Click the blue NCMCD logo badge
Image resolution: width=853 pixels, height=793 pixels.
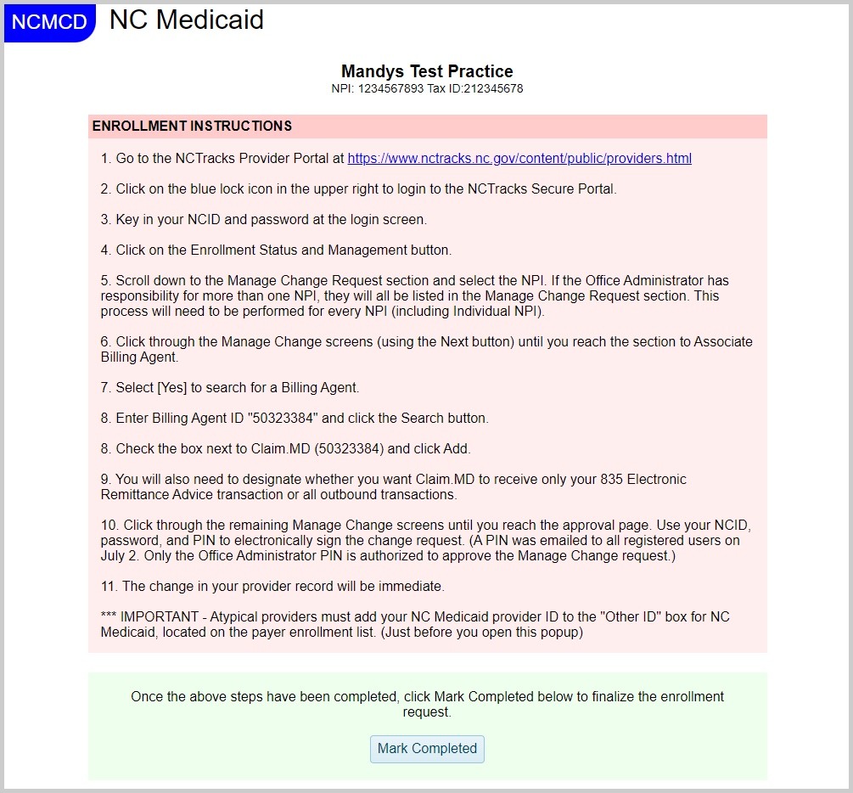(x=49, y=22)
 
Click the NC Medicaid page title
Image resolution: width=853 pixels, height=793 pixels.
(x=187, y=20)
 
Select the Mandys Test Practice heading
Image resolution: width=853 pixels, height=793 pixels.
(x=427, y=71)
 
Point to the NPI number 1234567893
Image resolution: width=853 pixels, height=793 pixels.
(x=390, y=88)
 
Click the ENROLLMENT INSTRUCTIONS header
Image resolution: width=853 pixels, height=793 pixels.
(x=192, y=127)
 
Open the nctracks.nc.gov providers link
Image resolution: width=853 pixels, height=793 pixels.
(x=519, y=159)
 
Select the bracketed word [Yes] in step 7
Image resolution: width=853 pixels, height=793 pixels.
(x=173, y=387)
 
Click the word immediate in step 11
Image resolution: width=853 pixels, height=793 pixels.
(x=412, y=586)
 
